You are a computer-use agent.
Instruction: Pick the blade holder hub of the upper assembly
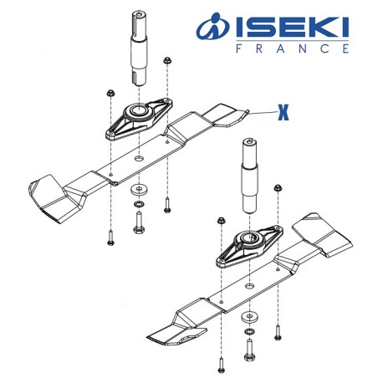tap(136, 113)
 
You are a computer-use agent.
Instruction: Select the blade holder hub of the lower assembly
tap(248, 239)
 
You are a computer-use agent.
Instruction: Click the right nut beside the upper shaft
tap(168, 60)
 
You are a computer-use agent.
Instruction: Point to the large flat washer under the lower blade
tap(248, 317)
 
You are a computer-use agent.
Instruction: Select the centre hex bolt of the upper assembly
tap(138, 221)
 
